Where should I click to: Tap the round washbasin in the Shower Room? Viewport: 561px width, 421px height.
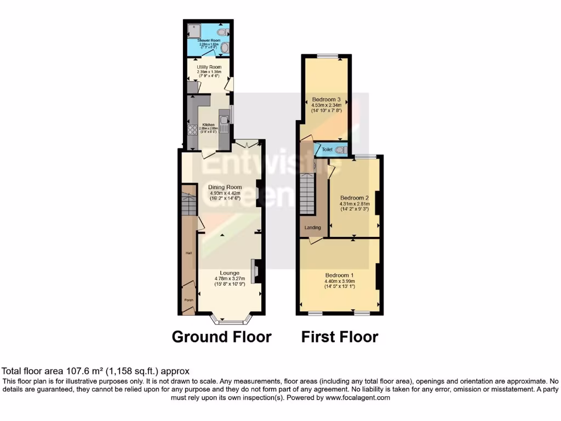(225, 48)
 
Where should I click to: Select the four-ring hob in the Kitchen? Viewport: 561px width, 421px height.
(192, 130)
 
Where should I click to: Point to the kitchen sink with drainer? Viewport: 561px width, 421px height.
(224, 123)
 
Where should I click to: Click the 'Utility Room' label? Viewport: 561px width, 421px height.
(209, 67)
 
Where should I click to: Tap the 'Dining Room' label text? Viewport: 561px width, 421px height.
(225, 187)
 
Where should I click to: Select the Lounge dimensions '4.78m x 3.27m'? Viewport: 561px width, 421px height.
(230, 278)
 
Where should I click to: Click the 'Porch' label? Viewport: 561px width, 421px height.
(188, 300)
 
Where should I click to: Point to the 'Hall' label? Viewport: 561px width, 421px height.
(188, 253)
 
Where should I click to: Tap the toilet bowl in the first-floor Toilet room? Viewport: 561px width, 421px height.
(341, 149)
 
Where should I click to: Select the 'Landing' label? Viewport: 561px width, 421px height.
(313, 227)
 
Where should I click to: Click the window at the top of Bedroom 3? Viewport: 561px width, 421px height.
(327, 55)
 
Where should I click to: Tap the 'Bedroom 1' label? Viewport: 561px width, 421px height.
(340, 275)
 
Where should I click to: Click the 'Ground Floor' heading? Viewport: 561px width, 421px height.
(221, 336)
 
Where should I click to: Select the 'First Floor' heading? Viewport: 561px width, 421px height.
(340, 336)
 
